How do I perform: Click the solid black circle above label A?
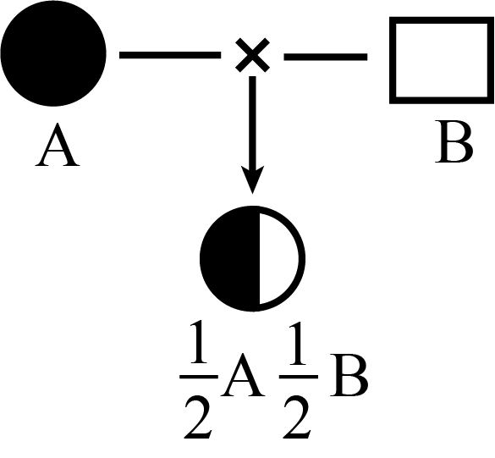coord(53,53)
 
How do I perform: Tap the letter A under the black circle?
coord(58,145)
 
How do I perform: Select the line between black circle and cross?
coord(170,55)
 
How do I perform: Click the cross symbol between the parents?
coord(252,55)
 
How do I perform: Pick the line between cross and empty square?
coord(326,57)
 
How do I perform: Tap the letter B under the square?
coord(454,142)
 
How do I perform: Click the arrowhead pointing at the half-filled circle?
coord(252,179)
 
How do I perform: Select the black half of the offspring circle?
coord(230,259)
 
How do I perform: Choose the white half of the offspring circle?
coord(278,259)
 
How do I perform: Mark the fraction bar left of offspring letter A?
coord(199,377)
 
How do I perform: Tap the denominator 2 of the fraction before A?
coord(197,417)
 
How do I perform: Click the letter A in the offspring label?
coord(243,375)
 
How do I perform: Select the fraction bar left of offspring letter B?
coord(299,377)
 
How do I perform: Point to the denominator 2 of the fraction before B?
coord(297,417)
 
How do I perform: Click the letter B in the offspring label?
coord(349,375)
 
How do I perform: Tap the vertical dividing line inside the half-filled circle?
coord(260,259)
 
